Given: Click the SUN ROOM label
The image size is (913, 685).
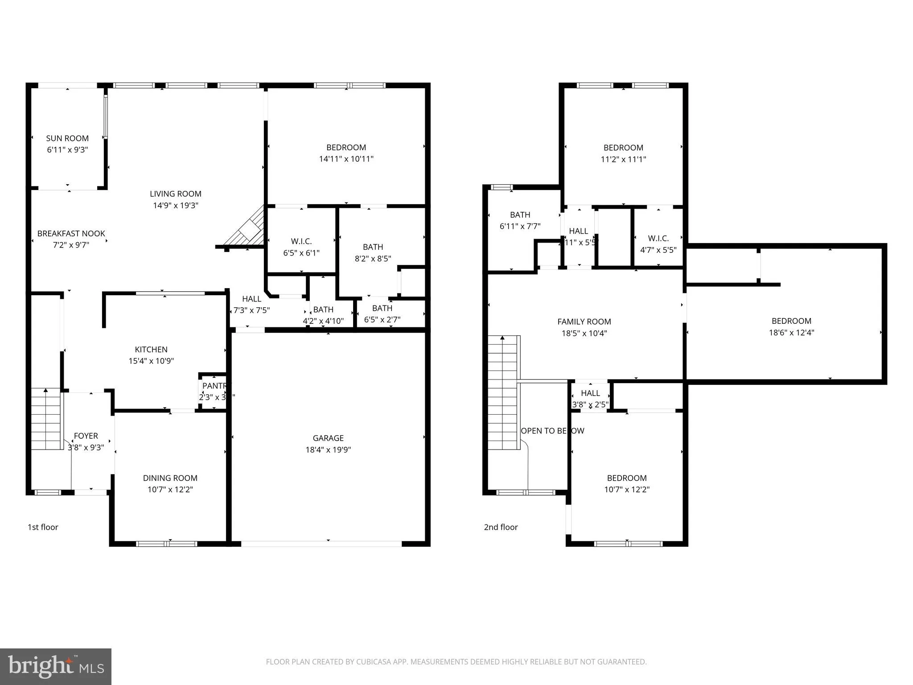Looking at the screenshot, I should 67,138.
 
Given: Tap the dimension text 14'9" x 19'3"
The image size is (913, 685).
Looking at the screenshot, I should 175,205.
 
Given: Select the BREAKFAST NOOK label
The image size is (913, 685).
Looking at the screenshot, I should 71,233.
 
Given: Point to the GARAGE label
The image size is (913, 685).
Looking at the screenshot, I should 328,438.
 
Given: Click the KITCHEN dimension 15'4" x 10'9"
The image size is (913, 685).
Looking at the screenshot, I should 151,361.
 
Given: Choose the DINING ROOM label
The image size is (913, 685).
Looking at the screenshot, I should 170,478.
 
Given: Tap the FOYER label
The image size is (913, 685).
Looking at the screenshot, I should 86,436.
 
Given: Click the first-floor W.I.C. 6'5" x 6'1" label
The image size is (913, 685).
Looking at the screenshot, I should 301,247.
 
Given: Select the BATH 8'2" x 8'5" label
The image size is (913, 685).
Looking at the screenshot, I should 373,252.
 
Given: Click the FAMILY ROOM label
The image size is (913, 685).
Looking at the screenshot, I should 584,322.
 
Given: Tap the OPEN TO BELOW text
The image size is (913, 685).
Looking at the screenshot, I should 552,431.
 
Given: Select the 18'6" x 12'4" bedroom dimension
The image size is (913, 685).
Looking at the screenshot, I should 791,332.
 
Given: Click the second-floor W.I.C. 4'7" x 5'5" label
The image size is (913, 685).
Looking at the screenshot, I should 658,244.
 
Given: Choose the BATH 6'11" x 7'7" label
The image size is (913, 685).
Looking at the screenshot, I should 520,220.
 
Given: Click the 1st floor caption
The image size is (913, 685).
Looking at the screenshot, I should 43,527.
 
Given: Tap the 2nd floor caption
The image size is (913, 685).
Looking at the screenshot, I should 501,527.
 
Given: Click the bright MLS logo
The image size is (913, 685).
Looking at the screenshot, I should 56,666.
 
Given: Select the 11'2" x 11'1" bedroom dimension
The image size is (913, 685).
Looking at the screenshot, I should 623,159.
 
